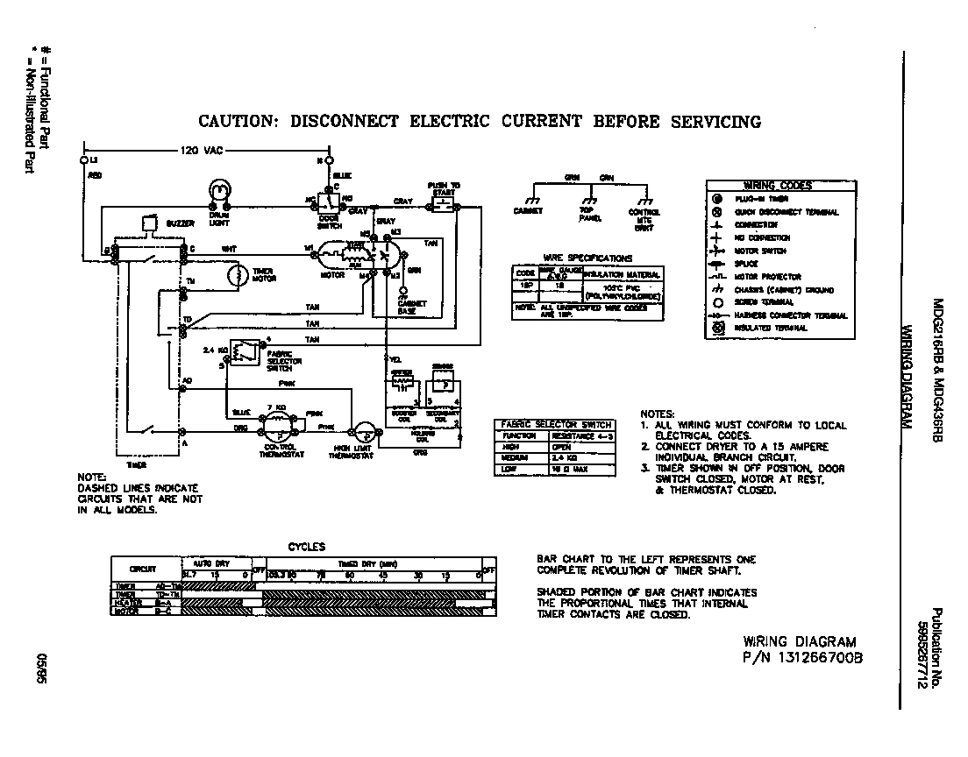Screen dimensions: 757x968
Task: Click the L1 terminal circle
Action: pos(84,161)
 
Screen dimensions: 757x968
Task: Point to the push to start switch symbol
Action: pos(443,206)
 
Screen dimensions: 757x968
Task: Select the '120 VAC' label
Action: pos(201,151)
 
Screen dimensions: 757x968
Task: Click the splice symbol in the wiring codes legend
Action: pos(717,264)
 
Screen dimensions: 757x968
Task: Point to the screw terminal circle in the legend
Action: pos(717,302)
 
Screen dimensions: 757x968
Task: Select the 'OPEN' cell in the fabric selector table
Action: pos(561,446)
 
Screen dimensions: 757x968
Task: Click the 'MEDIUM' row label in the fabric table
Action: pos(513,457)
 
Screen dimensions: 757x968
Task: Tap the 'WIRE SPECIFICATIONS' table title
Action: pos(587,258)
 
